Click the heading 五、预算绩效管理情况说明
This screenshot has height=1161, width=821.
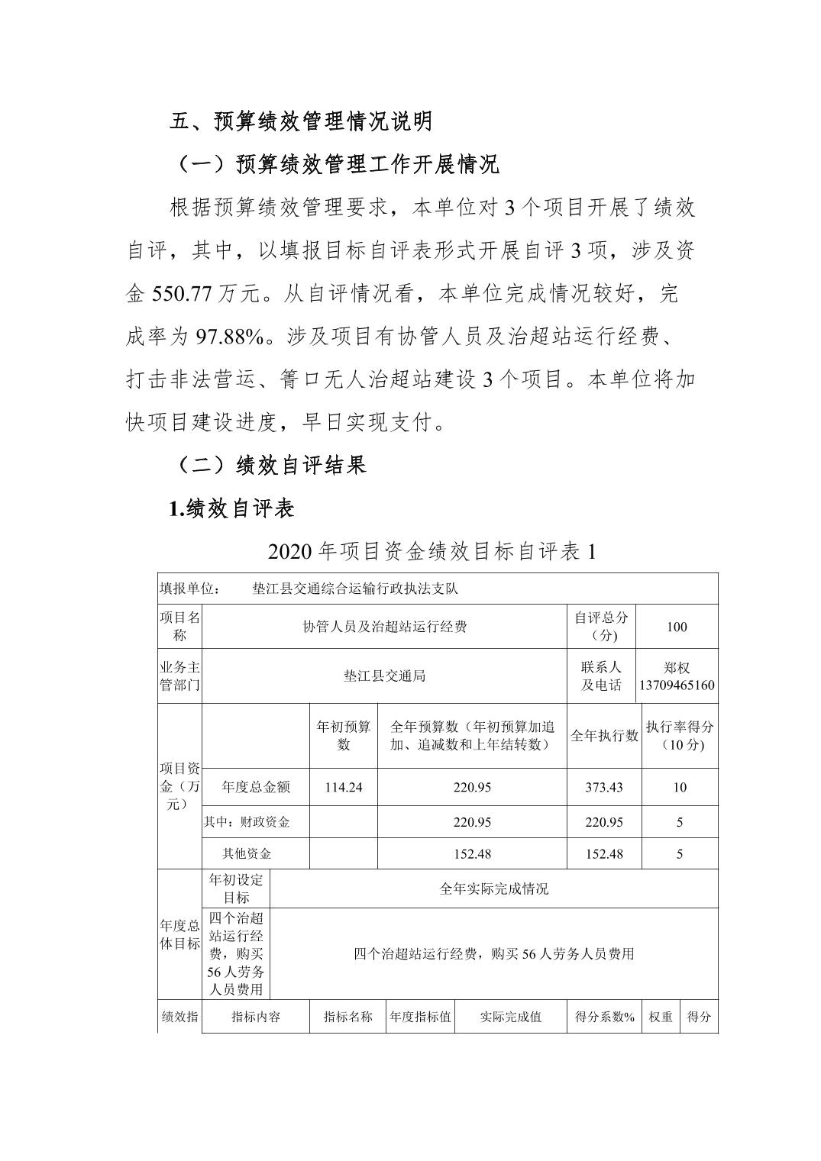coord(301,121)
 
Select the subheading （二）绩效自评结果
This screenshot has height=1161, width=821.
coord(270,465)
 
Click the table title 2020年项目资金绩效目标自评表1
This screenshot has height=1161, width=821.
coord(432,551)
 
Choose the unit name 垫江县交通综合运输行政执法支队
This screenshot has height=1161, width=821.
coord(354,589)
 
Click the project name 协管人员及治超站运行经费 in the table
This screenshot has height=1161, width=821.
coord(384,627)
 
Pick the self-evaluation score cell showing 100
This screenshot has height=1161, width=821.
coord(676,627)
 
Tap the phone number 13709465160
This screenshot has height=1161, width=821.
coord(677,685)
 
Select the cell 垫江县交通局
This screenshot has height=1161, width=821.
coord(384,676)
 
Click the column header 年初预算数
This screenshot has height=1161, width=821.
coord(343,735)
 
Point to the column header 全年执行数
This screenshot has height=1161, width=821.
coord(604,736)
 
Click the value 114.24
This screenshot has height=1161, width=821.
coord(343,787)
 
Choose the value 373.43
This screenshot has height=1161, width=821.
coord(604,787)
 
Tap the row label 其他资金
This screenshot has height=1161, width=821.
coord(246,853)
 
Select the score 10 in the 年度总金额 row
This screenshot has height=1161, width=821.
coord(680,787)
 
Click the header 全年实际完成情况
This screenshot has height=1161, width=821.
coord(493,888)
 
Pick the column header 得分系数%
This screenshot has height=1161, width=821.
coord(604,1017)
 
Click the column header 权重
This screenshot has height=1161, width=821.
coord(661,1017)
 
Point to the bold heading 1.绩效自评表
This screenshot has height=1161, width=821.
coord(231,508)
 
